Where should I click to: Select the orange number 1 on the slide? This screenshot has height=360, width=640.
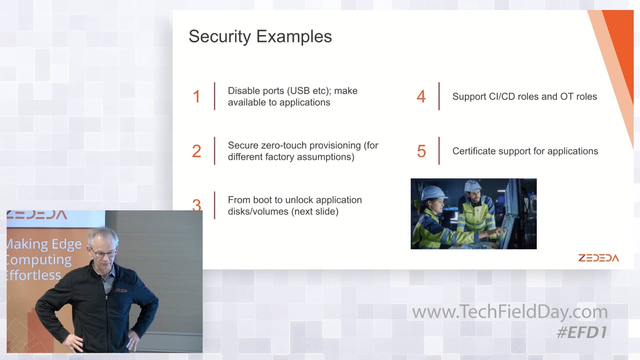[196, 96]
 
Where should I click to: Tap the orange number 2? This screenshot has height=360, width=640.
[196, 151]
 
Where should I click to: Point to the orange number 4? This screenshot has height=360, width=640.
[421, 96]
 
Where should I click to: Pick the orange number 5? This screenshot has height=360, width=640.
[421, 151]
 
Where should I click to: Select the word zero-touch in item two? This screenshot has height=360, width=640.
[284, 145]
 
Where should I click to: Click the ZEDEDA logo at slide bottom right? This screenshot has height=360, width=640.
[599, 258]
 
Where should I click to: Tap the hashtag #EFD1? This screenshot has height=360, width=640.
[582, 332]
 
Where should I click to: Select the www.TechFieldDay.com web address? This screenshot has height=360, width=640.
[510, 312]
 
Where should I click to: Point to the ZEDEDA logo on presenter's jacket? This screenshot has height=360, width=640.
[121, 291]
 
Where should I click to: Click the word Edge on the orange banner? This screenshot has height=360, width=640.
[67, 245]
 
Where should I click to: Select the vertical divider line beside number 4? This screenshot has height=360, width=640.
[439, 96]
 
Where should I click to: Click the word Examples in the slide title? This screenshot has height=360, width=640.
[294, 36]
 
